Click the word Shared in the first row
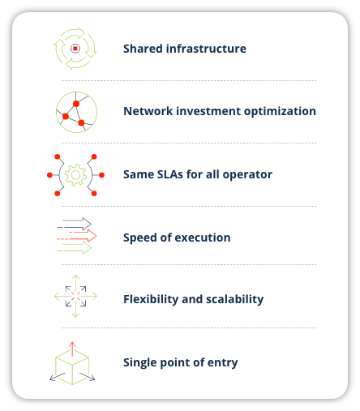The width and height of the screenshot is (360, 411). click(143, 49)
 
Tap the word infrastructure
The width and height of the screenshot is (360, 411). click(206, 49)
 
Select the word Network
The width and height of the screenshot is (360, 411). click(148, 111)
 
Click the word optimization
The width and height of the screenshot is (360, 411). click(280, 112)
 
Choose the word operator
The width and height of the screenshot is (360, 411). click(247, 175)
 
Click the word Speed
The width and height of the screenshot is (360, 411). click(140, 238)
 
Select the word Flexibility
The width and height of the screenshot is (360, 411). click(151, 300)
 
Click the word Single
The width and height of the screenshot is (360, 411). click(140, 363)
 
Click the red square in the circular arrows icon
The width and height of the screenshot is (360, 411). click(75, 49)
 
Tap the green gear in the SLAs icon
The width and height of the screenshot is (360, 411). click(75, 175)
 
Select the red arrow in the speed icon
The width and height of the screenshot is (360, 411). click(76, 236)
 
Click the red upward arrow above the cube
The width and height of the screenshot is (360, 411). click(72, 349)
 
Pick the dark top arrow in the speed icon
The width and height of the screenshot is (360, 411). click(75, 224)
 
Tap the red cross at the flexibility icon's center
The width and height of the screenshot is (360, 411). click(76, 297)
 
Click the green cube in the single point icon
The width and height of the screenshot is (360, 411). click(72, 366)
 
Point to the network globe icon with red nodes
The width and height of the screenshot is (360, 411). click(76, 112)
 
